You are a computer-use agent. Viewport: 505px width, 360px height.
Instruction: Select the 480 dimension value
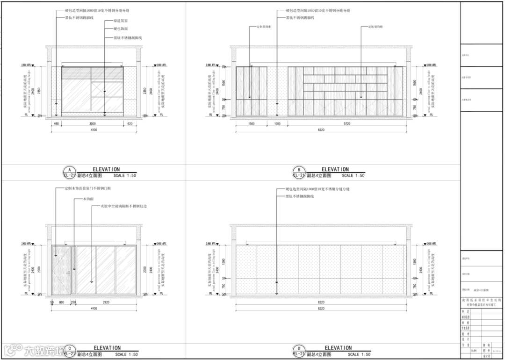pos(57,123)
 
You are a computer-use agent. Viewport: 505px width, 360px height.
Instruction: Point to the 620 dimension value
pos(130,123)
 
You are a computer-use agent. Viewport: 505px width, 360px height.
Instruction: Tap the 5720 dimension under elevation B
pos(346,123)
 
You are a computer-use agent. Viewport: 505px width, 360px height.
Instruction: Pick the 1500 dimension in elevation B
pos(251,123)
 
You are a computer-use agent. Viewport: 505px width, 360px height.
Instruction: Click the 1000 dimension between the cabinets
pos(277,123)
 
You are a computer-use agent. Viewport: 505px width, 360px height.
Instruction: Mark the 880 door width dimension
pos(62,302)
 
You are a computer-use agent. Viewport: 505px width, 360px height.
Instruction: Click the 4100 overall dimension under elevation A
pos(94,130)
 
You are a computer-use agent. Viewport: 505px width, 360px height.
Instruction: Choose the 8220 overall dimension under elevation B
pos(321,130)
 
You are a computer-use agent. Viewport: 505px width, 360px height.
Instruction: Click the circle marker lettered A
pos(69,170)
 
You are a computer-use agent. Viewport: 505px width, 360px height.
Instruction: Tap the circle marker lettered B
pos(298,170)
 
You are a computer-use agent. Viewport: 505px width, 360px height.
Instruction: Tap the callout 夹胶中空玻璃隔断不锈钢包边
pos(121,206)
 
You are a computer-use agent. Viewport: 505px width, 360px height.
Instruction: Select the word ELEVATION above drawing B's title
pos(335,169)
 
